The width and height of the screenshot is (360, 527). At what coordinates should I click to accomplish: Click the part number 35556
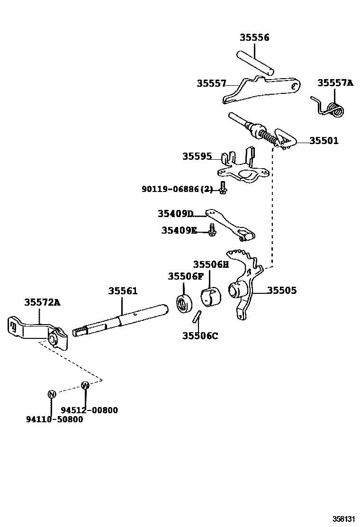coord(254,38)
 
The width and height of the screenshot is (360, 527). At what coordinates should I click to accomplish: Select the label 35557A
coord(335,83)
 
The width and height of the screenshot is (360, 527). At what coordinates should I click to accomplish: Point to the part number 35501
coord(324,141)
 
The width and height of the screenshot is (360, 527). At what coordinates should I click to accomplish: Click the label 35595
coord(197,156)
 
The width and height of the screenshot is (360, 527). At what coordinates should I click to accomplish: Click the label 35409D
coord(176,214)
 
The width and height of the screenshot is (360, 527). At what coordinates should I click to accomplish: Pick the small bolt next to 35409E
coord(212,230)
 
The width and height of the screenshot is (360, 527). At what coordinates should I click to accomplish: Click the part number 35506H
coord(211,264)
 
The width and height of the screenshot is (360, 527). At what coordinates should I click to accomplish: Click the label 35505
coord(282,290)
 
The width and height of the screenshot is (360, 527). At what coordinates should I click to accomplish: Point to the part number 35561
coord(123,291)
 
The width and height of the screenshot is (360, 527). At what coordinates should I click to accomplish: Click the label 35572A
coord(43,302)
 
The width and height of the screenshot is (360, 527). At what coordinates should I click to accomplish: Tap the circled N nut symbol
coord(52,394)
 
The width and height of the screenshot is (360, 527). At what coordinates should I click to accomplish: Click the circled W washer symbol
coord(85,385)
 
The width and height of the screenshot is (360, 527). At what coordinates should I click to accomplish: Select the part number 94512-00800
coord(89,410)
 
